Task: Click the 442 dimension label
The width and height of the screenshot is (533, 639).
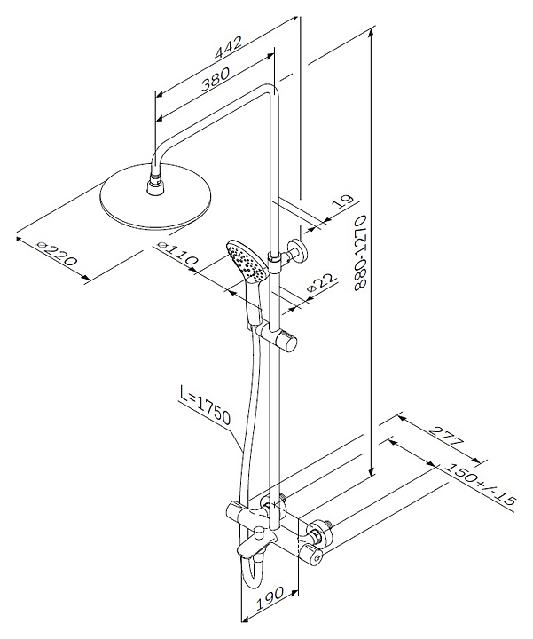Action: coord(229,48)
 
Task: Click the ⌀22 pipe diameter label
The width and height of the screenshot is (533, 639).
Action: coord(323,282)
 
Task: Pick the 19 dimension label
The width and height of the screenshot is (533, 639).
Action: coord(341,201)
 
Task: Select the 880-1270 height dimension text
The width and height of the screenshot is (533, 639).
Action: coord(362,253)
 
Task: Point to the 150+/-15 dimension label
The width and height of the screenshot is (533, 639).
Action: coord(479,485)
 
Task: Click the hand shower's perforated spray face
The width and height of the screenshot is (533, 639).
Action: coord(247,261)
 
